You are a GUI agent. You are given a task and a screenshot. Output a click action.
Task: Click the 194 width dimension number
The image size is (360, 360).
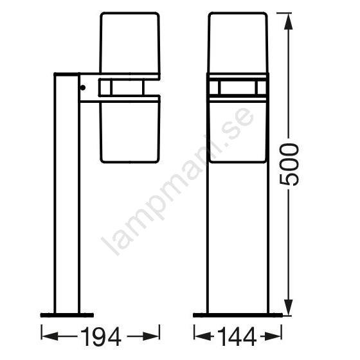point(101,337)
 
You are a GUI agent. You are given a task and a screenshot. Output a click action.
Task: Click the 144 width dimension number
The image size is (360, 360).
point(237,337)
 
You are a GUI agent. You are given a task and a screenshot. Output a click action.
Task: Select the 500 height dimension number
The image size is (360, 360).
point(289,164)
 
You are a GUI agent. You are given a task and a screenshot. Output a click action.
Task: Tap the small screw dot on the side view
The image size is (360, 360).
point(83,87)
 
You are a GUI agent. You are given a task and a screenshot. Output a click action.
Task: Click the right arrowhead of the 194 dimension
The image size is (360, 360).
point(150,336)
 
